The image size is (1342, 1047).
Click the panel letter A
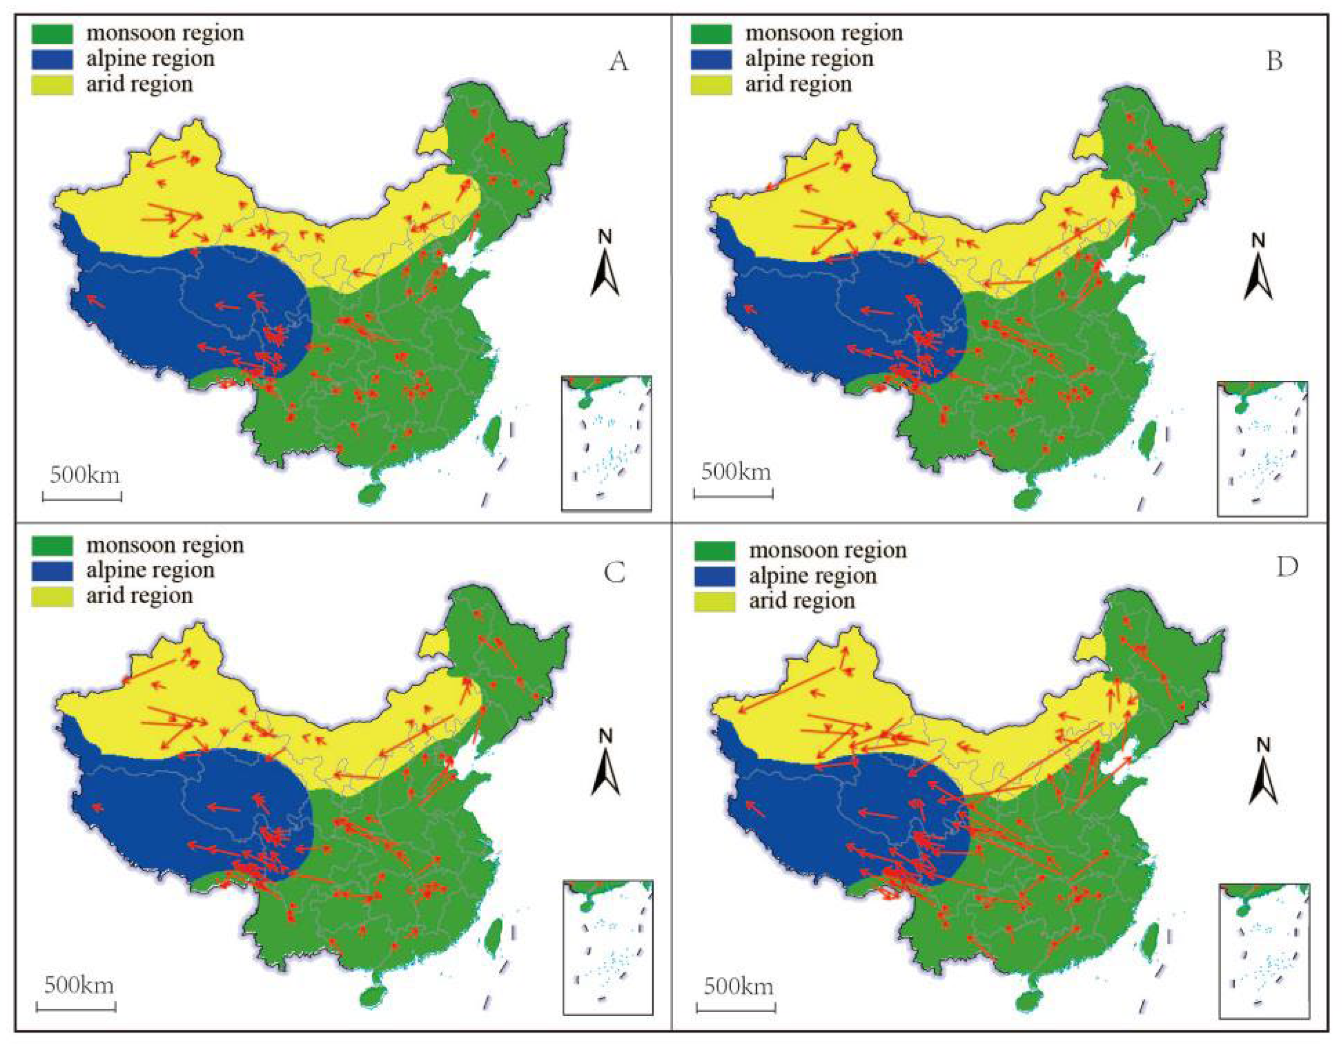[619, 62]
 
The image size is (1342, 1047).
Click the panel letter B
[1275, 62]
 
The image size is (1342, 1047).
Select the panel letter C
[615, 573]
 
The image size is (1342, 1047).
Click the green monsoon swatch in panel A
[52, 33]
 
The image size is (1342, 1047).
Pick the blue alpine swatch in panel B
[711, 59]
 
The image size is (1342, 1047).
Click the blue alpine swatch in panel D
[714, 576]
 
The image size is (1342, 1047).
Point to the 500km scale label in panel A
[85, 475]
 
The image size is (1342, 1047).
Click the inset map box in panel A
[607, 443]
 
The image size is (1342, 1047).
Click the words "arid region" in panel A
[140, 84]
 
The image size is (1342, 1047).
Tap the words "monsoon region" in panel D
[827, 551]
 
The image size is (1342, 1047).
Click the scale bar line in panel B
[733, 493]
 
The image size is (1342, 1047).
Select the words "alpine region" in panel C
[150, 571]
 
